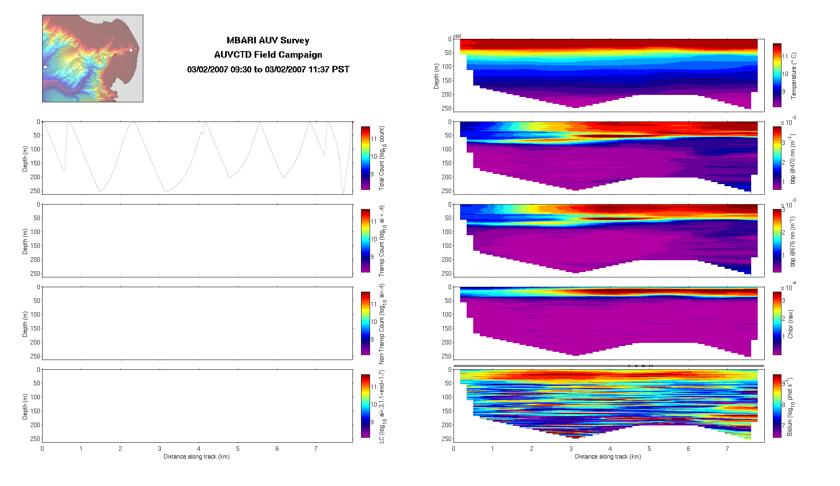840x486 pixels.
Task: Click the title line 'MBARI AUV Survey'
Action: click(268, 40)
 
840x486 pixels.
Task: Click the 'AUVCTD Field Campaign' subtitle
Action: click(268, 55)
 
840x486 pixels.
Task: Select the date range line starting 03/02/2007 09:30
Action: click(268, 70)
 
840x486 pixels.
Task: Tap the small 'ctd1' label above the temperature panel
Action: click(457, 36)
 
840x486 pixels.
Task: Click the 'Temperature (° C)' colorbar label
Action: click(794, 76)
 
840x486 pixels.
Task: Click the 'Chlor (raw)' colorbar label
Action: click(790, 324)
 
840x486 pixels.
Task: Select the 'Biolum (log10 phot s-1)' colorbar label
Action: click(790, 407)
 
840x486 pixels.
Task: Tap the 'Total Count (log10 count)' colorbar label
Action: click(382, 158)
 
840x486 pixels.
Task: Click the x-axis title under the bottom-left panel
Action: click(196, 457)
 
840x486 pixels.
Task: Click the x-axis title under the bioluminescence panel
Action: click(608, 457)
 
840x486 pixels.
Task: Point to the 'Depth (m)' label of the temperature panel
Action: click(436, 76)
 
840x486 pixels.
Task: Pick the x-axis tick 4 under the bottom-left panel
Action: click(199, 449)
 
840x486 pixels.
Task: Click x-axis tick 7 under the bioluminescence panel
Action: click(727, 449)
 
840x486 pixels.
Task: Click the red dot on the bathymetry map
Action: click(115, 54)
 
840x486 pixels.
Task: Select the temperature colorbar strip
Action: click(777, 75)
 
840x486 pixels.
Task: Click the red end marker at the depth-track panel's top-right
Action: click(352, 122)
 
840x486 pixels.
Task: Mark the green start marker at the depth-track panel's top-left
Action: click(43, 122)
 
